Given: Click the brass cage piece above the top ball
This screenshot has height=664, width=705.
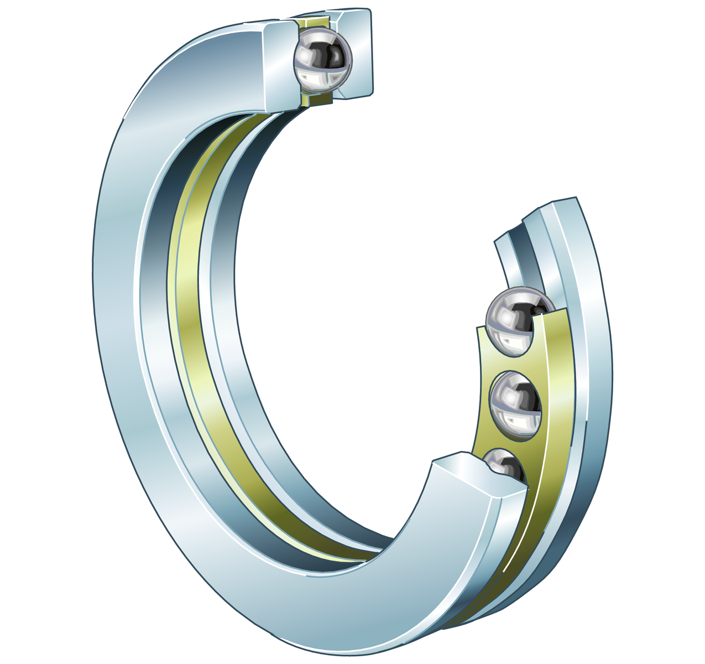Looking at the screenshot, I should (313, 23).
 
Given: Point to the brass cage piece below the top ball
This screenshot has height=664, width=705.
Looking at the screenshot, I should (317, 100).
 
